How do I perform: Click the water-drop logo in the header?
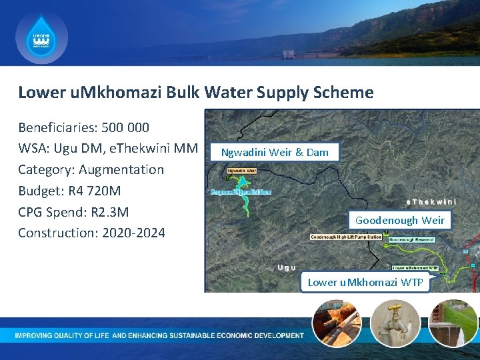point(41,38)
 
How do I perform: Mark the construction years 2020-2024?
point(129,233)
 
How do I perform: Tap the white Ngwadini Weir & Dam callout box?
point(275,152)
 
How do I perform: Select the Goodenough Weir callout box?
point(400,220)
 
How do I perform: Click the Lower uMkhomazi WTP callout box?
point(365,282)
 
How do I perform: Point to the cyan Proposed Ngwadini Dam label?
point(241,192)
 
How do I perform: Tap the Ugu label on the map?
point(287,267)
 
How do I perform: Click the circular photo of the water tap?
point(395,323)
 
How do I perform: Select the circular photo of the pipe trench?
point(338,323)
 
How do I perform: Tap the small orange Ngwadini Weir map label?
point(242,171)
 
